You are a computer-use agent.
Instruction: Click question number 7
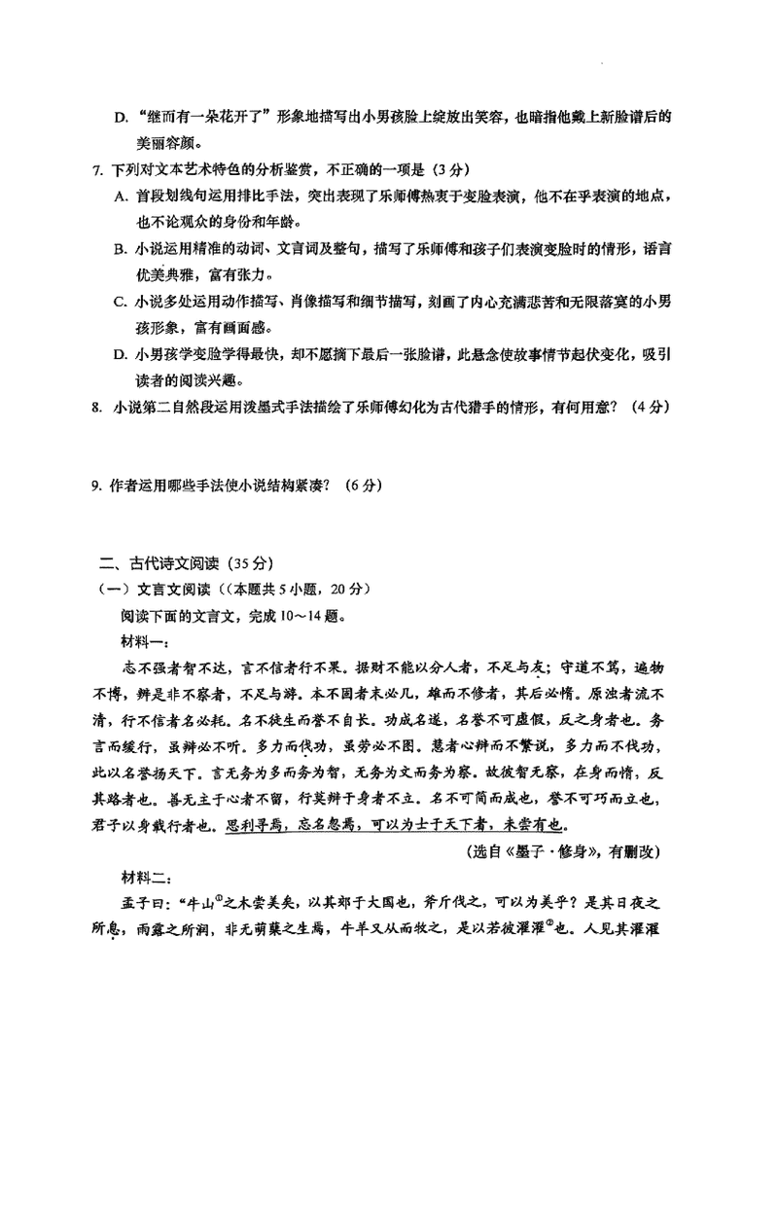96,171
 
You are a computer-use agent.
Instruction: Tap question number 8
96,408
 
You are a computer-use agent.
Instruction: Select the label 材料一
145,640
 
